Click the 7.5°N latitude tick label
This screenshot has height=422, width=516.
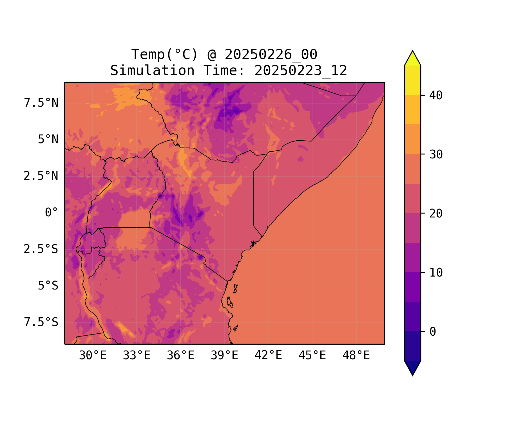(41, 103)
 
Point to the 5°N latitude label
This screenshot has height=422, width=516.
(48, 140)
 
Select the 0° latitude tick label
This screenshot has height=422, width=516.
(52, 213)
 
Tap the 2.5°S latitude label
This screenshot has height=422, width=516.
(41, 249)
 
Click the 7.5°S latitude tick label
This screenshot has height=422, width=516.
(41, 322)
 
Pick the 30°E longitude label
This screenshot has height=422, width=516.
(93, 356)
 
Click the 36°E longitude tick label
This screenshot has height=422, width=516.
(180, 356)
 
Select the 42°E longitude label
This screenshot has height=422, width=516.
(268, 356)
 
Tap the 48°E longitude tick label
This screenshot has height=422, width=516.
(356, 356)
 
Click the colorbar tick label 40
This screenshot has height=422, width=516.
(436, 96)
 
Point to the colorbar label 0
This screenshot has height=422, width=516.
(433, 332)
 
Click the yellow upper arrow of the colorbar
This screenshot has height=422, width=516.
(412, 59)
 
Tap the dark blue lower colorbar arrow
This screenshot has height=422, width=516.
(412, 367)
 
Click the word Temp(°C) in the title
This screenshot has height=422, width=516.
(165, 55)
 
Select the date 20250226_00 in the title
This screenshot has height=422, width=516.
(271, 55)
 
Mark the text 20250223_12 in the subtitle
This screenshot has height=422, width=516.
(301, 71)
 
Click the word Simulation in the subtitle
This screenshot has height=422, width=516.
(152, 71)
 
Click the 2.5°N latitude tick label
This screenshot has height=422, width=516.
(41, 176)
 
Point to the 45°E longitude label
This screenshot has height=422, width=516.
(312, 356)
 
